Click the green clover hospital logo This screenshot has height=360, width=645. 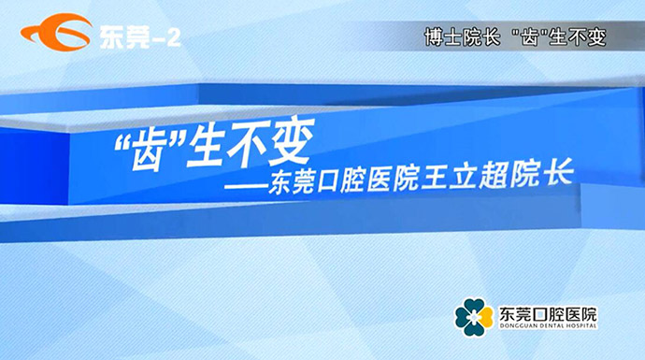[x=474, y=317]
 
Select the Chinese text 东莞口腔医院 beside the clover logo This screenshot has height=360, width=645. [x=548, y=311]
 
